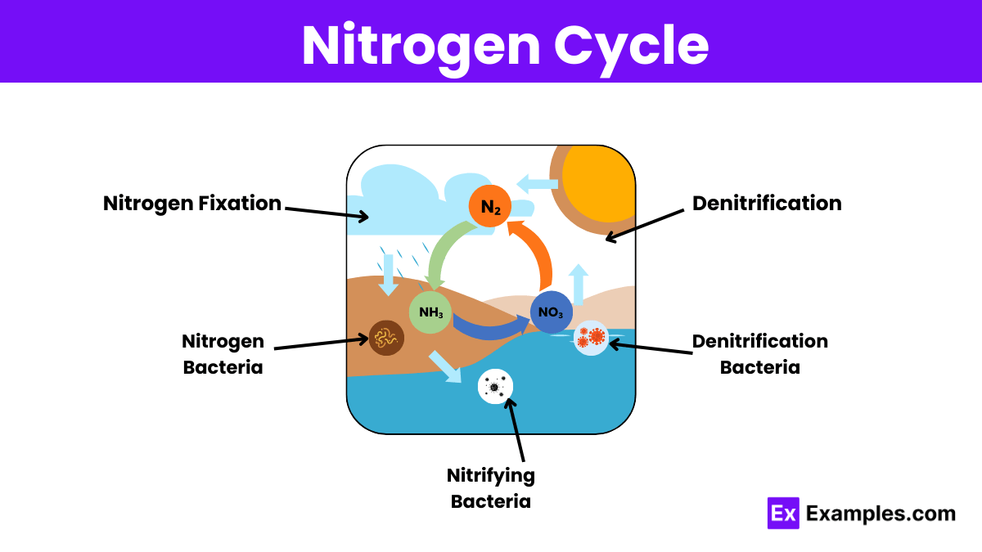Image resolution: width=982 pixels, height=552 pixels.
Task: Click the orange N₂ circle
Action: pyautogui.click(x=490, y=207)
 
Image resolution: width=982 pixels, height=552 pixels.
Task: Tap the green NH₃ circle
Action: pyautogui.click(x=430, y=312)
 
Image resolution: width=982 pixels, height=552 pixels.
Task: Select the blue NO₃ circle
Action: pyautogui.click(x=551, y=312)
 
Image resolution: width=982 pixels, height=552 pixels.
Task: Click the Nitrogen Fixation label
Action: pyautogui.click(x=192, y=203)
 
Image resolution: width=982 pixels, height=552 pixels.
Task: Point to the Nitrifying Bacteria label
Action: pyautogui.click(x=490, y=488)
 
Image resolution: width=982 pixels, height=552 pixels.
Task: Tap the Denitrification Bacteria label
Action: pyautogui.click(x=759, y=353)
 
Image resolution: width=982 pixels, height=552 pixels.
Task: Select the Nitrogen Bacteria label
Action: pyautogui.click(x=223, y=353)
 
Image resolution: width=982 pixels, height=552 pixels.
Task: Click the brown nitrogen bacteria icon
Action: pyautogui.click(x=385, y=337)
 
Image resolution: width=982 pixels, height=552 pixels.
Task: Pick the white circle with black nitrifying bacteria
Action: pyautogui.click(x=495, y=386)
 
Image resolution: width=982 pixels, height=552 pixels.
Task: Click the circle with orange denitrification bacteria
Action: pyautogui.click(x=591, y=337)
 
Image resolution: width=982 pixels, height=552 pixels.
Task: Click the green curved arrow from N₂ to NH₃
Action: pyautogui.click(x=442, y=254)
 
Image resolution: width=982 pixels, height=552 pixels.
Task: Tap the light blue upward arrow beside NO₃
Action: pyautogui.click(x=579, y=285)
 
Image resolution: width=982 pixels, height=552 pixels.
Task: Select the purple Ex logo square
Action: pyautogui.click(x=783, y=514)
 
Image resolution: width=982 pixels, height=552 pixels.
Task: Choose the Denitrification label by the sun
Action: pyautogui.click(x=767, y=203)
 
